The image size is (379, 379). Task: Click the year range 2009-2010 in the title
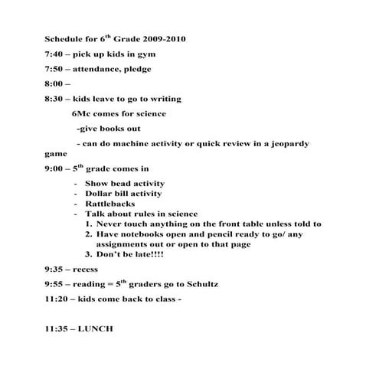pyautogui.click(x=160, y=38)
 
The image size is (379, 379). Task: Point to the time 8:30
pyautogui.click(x=54, y=99)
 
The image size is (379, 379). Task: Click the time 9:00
pyautogui.click(x=54, y=168)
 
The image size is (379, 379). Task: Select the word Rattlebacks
pyautogui.click(x=110, y=204)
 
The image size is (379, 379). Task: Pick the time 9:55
pyautogui.click(x=54, y=284)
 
